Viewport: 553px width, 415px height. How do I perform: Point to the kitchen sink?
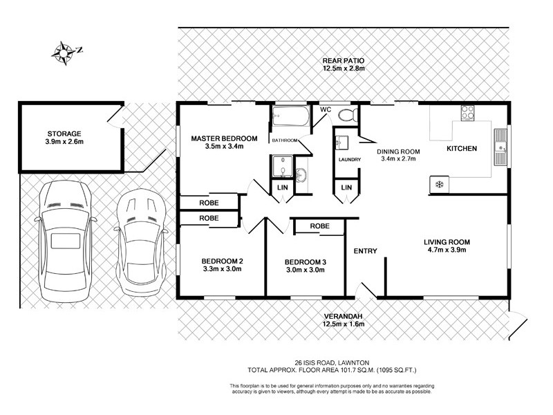500,146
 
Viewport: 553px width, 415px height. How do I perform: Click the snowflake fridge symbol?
437,184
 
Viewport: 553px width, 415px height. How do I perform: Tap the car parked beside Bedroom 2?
141,242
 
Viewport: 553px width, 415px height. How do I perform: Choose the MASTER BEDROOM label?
224,138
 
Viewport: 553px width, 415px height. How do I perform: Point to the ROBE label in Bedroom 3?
319,226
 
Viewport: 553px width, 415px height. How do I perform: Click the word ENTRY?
365,251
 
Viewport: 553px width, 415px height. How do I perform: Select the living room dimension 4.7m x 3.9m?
447,250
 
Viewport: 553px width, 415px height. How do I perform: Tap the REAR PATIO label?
343,60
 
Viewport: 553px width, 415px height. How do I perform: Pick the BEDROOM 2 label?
221,261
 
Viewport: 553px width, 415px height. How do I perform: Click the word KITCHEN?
462,149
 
